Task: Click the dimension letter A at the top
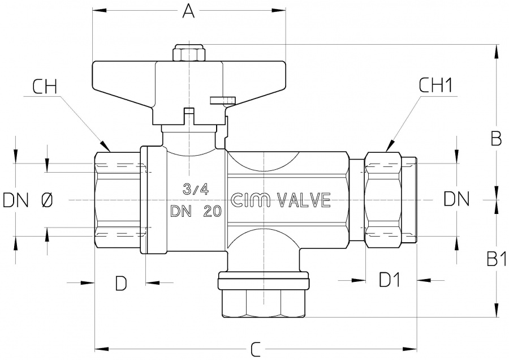(188, 12)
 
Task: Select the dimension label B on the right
(495, 139)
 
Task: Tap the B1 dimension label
(495, 260)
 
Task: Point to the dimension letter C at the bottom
(255, 349)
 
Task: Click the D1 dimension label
(389, 280)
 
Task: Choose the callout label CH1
(436, 86)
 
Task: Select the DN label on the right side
(456, 199)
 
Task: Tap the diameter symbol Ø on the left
(48, 200)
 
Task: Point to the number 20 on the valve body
(211, 212)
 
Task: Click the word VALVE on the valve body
(303, 200)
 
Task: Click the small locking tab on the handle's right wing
(221, 100)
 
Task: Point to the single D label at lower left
(120, 283)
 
